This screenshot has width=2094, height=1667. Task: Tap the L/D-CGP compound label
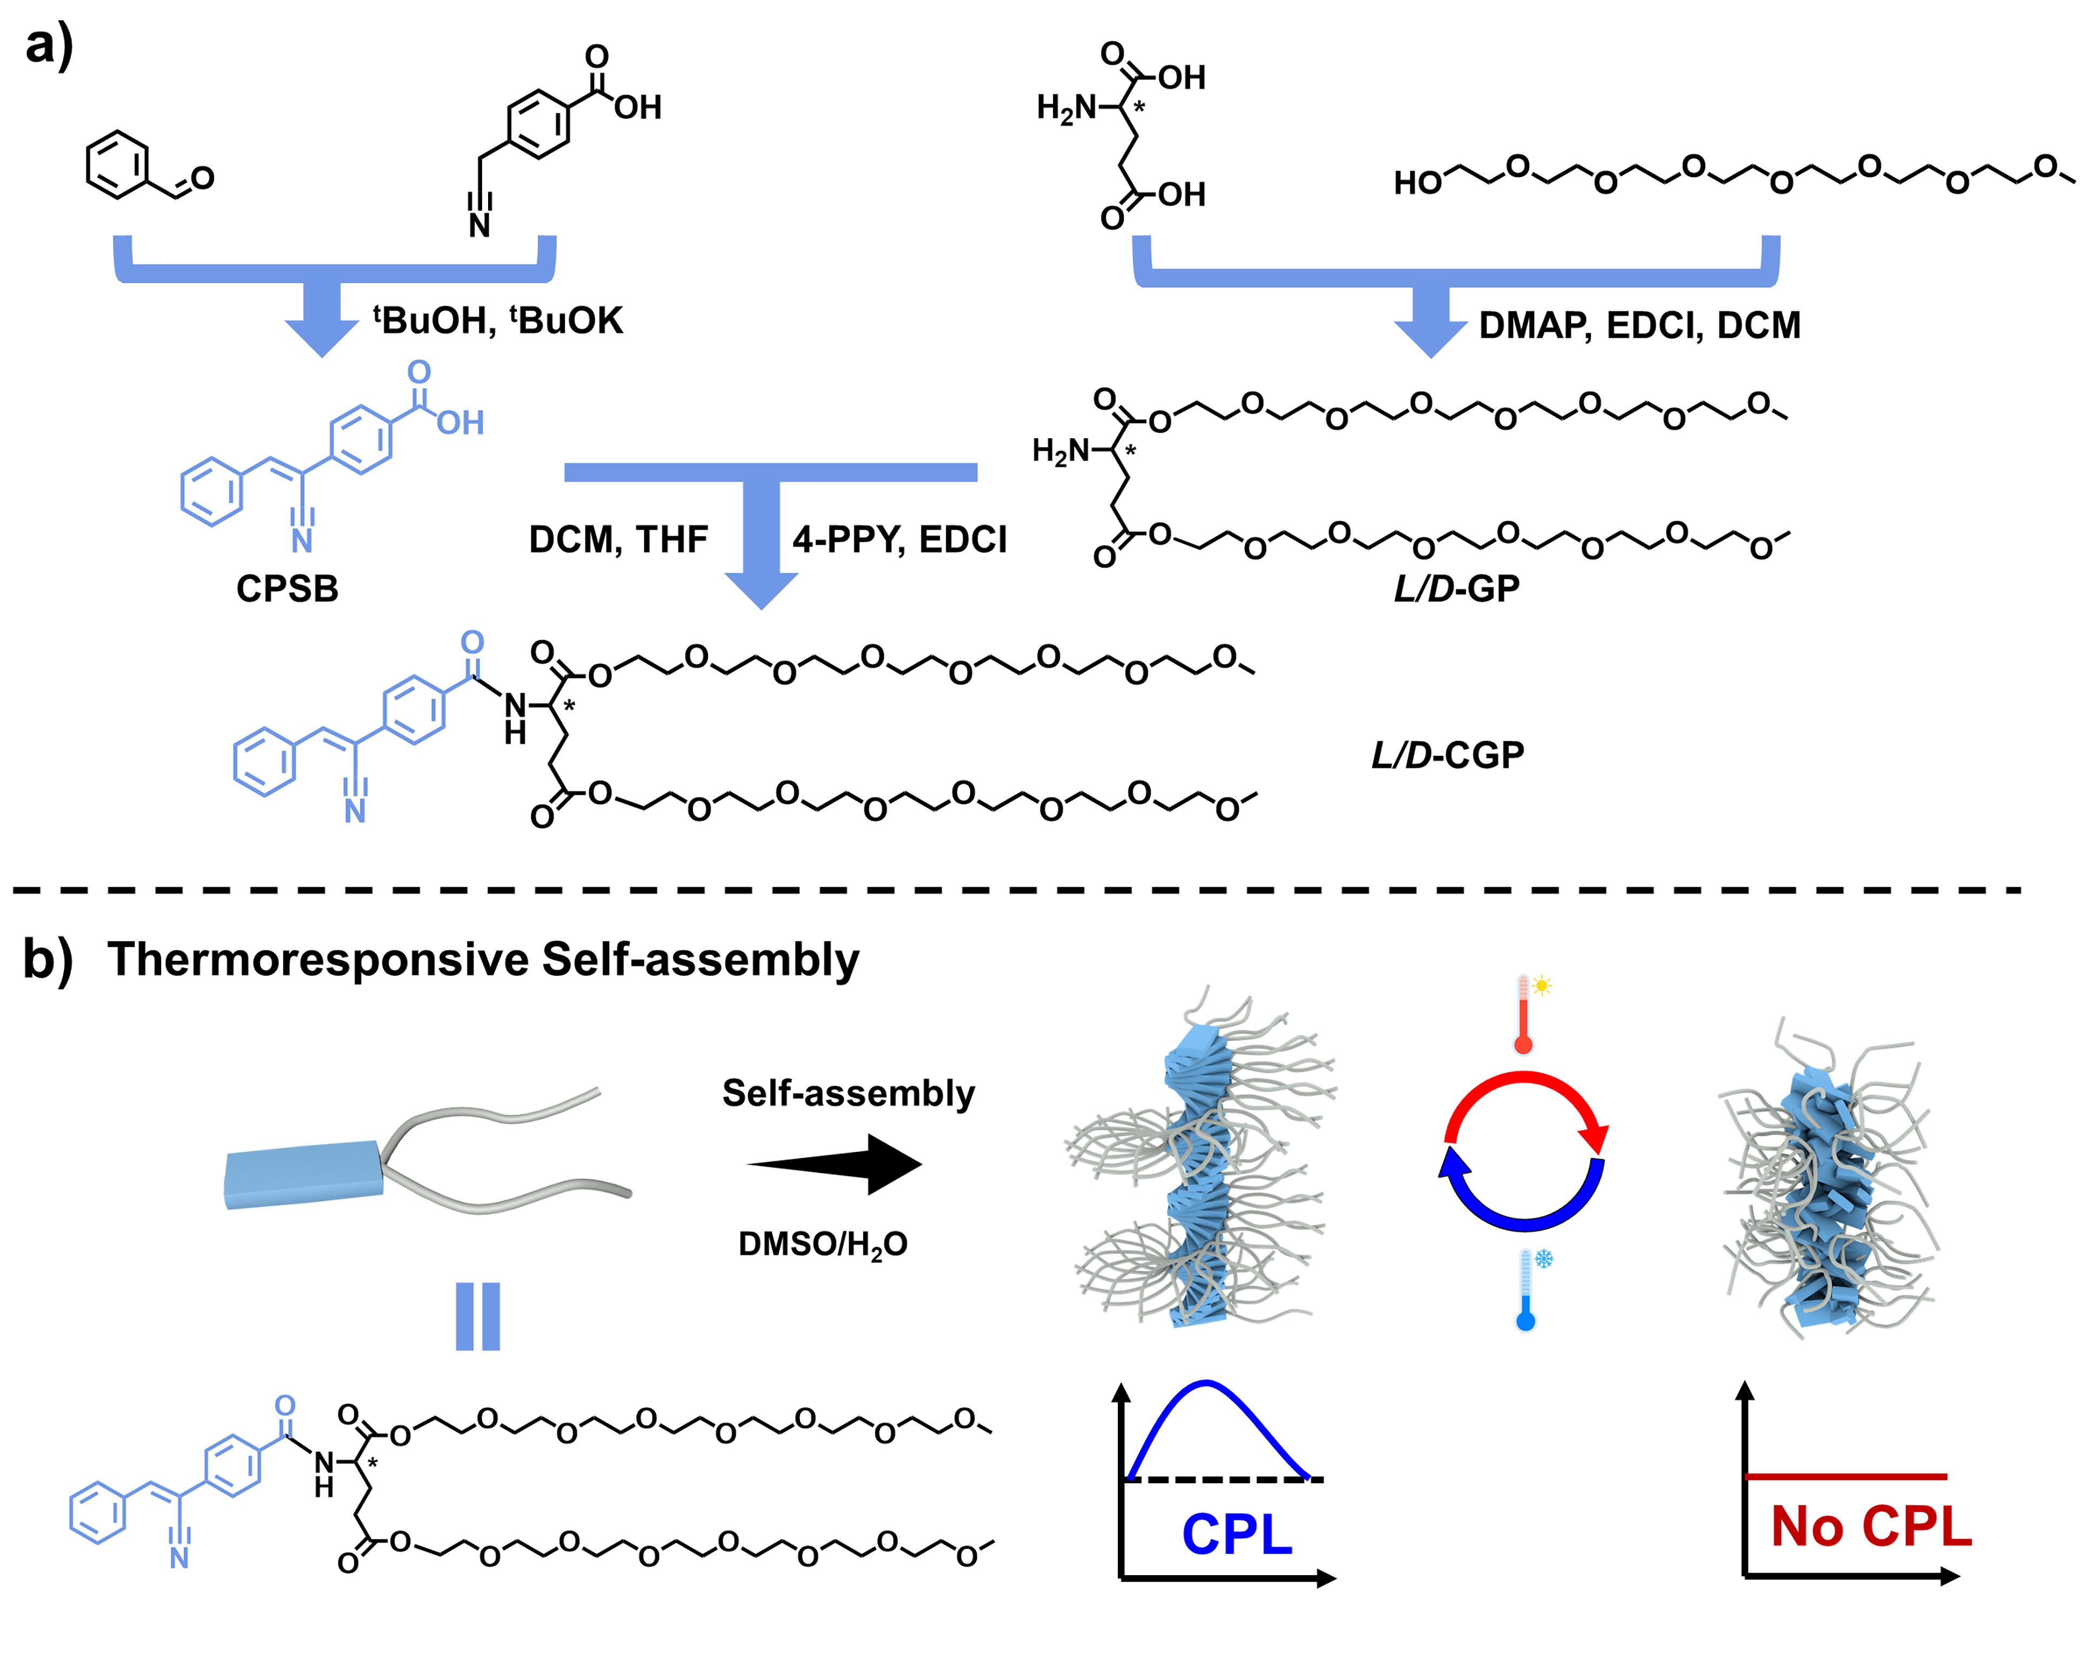pos(1447,754)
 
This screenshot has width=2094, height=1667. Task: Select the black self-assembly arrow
pos(835,1163)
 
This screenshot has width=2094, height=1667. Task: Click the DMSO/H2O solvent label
pos(823,1244)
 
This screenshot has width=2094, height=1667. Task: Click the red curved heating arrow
pos(1525,1097)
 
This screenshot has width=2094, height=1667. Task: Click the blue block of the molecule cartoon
pos(303,1175)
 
